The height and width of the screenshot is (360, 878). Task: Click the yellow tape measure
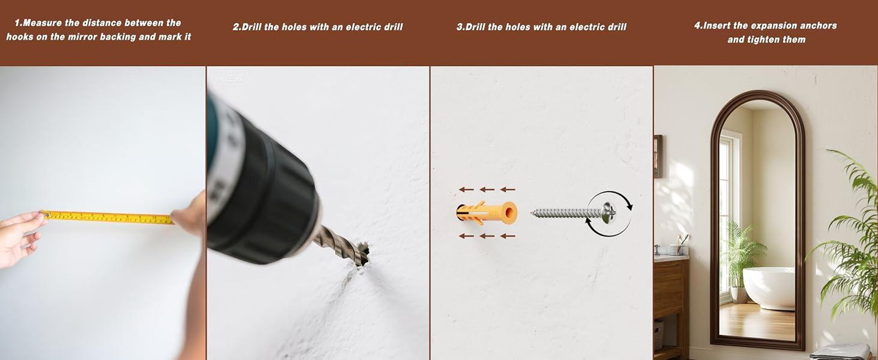(x=108, y=217)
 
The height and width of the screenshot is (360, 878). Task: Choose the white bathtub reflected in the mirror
(x=769, y=288)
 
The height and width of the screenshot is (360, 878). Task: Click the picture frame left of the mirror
(x=658, y=156)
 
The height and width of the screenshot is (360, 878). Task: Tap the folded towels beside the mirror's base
(x=841, y=351)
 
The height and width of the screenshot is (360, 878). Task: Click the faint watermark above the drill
(x=229, y=78)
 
